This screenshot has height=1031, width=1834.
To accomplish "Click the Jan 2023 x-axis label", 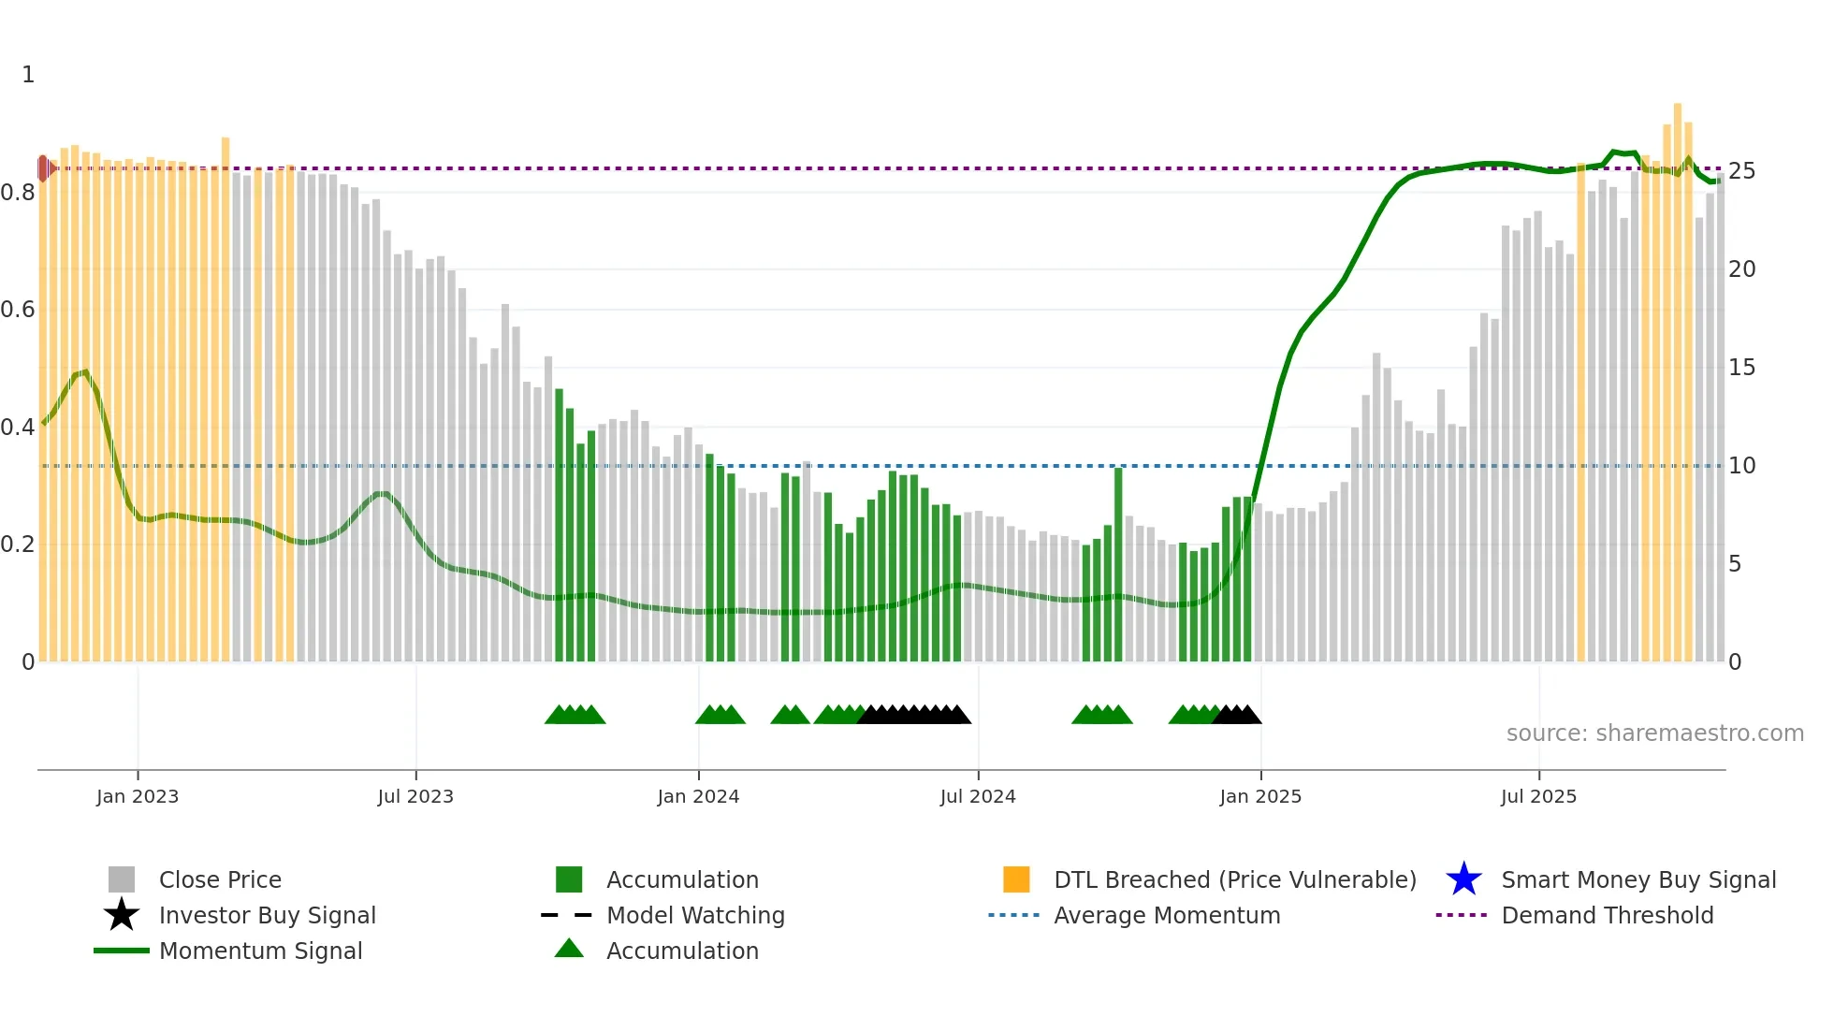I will [137, 796].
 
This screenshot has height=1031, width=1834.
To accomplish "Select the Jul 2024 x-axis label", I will [977, 796].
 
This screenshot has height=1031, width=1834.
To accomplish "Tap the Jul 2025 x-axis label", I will [1537, 796].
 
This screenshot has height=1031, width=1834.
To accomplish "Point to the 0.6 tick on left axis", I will [18, 310].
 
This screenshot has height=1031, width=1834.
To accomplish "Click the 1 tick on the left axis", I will [28, 75].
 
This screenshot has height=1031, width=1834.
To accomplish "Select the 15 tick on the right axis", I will [1740, 368].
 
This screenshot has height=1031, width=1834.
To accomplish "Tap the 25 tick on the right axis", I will [1740, 171].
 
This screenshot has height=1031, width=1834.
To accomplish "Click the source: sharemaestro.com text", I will [1654, 733].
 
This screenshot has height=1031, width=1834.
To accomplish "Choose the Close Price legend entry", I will [219, 879].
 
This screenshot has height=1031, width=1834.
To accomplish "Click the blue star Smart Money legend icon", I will [1463, 879].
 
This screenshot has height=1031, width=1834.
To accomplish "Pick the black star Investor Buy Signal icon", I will [122, 915].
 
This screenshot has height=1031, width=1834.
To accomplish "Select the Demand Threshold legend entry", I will [1607, 915].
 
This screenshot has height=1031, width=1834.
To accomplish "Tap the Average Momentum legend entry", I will [1166, 915].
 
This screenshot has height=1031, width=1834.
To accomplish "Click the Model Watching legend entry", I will [694, 915].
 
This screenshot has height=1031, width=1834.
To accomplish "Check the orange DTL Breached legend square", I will [1016, 879].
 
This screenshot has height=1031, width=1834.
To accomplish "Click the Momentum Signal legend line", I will [122, 951].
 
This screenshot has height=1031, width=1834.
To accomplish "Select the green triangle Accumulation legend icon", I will [569, 950].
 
